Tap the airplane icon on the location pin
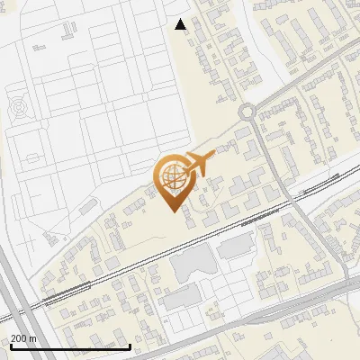198,164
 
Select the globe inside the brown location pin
171,177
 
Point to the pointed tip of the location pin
172,210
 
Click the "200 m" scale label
24,338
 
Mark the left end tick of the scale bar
10,346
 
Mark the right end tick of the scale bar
130,346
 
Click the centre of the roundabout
250,112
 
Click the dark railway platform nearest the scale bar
65,290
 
